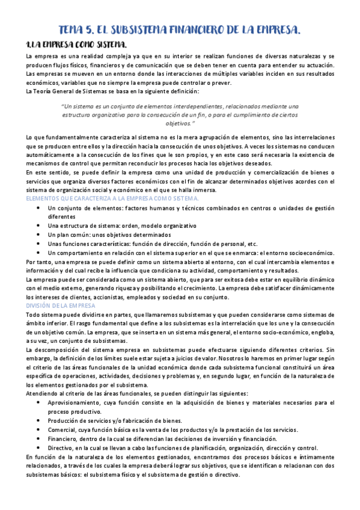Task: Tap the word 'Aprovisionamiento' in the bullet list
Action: (x=76, y=402)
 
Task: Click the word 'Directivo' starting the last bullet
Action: (x=63, y=448)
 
